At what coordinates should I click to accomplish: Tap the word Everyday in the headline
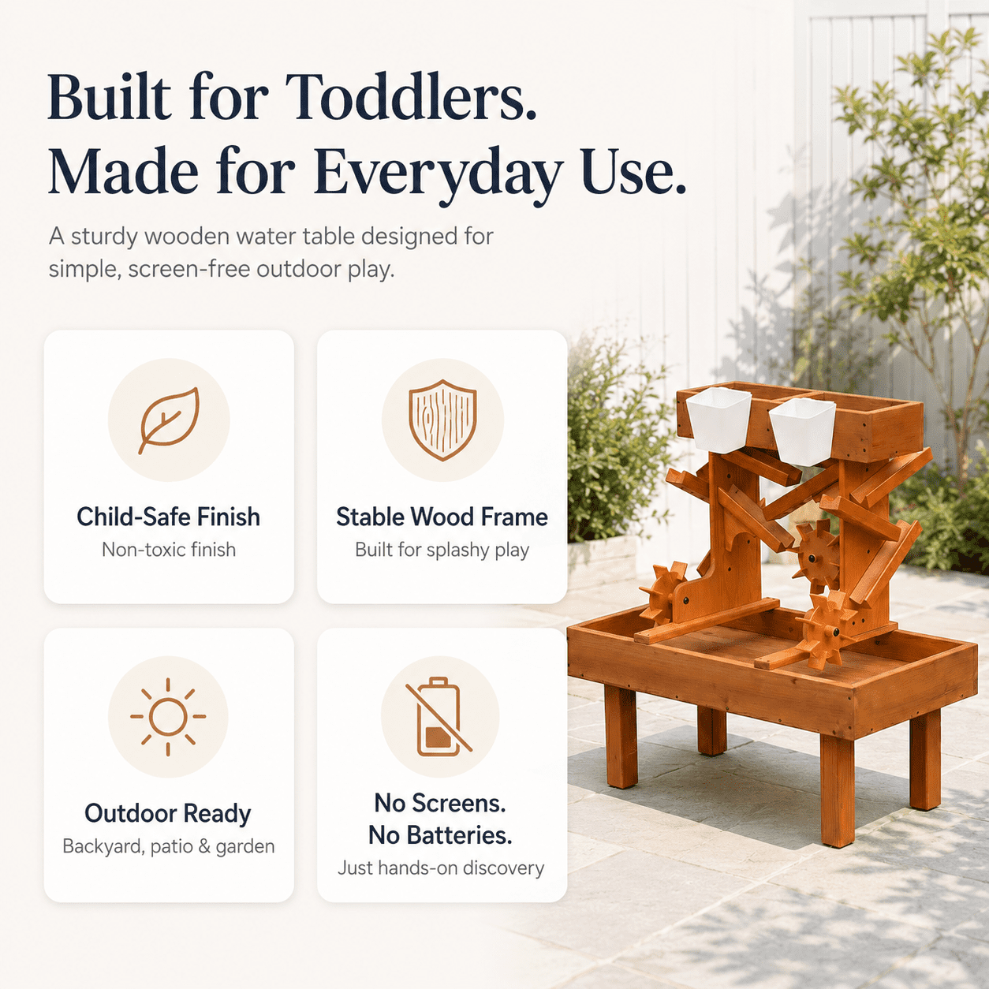point(438,173)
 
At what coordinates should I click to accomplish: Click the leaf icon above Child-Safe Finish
point(168,420)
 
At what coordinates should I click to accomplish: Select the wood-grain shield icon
point(442,420)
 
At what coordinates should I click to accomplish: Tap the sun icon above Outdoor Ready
point(168,716)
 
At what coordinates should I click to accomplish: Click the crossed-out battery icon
point(439,717)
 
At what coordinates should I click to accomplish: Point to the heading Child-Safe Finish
point(168,517)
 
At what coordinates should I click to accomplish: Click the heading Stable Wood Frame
point(442,517)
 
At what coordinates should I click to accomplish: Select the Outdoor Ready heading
point(168,814)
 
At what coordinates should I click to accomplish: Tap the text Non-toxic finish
point(169,550)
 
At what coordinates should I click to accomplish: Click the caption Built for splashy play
point(442,550)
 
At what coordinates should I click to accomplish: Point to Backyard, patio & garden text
point(168,847)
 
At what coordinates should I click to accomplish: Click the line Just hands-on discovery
point(441,868)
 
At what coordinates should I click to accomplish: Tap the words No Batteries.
point(440,835)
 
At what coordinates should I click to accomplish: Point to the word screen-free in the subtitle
point(189,269)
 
